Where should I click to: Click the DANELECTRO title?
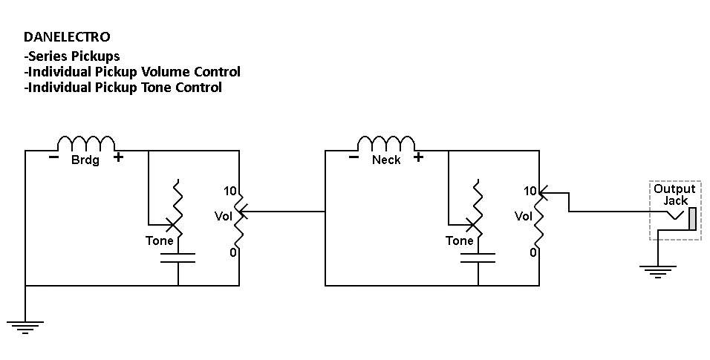tap(67, 36)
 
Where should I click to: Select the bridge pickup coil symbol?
tap(86, 143)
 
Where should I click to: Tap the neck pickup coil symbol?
tap(385, 143)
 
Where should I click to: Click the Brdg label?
tap(85, 160)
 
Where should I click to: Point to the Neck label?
tap(385, 160)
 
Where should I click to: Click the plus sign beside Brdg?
tap(118, 157)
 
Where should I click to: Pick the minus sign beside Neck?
tap(354, 157)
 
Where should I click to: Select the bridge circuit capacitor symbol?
tap(178, 258)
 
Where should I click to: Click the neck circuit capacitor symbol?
tap(478, 258)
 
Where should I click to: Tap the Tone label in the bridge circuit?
tap(160, 240)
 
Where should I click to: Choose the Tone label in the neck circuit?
tap(459, 240)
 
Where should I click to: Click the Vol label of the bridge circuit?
tap(223, 216)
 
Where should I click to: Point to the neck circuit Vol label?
tap(523, 216)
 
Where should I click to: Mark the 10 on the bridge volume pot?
tap(230, 191)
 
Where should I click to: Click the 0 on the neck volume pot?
tap(533, 252)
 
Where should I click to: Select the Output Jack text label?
tap(674, 194)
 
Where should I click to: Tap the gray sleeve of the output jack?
tap(692, 218)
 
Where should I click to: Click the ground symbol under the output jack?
tap(658, 271)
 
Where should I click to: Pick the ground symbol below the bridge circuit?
tap(25, 327)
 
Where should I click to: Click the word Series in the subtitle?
tap(45, 56)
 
